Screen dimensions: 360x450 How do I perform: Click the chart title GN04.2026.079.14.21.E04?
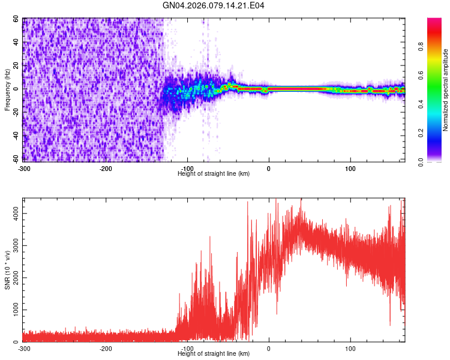point(214,6)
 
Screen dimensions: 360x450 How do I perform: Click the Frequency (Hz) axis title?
point(7,90)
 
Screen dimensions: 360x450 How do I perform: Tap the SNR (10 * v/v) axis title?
point(7,269)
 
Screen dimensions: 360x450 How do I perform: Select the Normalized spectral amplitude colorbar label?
point(446,90)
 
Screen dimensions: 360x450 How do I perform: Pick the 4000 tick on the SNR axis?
point(13,214)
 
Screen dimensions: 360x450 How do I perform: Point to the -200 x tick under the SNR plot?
point(106,349)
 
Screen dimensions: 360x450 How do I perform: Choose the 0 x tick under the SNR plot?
point(269,349)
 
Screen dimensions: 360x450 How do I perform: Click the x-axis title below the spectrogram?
point(214,174)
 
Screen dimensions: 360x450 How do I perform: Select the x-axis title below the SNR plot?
point(214,354)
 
